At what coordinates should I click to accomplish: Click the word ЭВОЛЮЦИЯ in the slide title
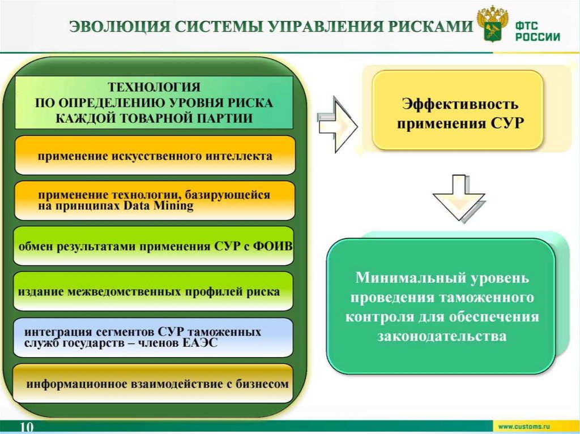[118, 27]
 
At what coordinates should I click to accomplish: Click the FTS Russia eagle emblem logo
[491, 24]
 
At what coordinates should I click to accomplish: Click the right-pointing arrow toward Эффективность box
[338, 124]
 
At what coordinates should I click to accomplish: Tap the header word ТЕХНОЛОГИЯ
[154, 88]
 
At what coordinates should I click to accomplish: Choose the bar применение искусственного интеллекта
[155, 156]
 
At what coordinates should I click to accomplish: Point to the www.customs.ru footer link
[524, 425]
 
